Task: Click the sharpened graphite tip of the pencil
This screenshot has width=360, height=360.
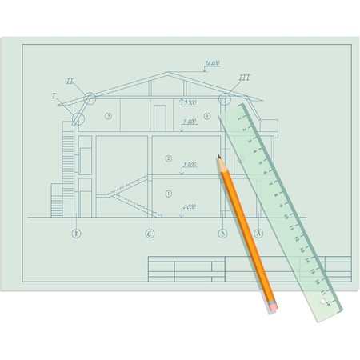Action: coord(218,158)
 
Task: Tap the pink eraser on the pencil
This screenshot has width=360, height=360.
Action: coord(274,306)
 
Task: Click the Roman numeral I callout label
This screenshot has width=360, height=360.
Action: coord(54,96)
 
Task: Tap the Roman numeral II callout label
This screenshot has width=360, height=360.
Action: coord(70,81)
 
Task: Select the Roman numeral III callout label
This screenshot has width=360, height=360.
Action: coord(244,78)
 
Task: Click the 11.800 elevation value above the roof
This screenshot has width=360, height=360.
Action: coord(213,63)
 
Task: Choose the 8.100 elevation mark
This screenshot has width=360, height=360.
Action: coord(190,122)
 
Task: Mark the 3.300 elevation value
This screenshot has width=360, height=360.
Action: coord(190,165)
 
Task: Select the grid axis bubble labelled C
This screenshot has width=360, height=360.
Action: coord(150,234)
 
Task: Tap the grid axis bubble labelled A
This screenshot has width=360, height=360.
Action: coord(258,234)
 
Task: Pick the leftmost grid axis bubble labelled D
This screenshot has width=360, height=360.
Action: coord(77,234)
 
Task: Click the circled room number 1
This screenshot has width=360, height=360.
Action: coord(168,194)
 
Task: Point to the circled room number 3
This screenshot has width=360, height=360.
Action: coord(108,117)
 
